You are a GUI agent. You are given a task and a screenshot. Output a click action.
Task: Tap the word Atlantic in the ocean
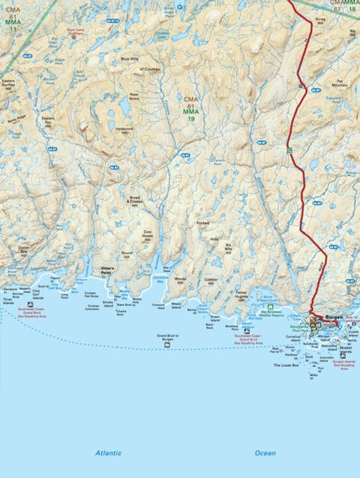coord(108,453)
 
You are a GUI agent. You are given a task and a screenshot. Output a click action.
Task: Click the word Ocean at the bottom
coord(265,453)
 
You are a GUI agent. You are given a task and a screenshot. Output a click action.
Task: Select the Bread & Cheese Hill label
coord(133,201)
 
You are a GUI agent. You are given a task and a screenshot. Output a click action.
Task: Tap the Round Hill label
coord(127,255)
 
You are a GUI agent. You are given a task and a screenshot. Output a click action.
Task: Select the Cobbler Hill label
coord(211,282)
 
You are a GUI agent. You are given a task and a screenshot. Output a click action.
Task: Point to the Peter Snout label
coord(134,97)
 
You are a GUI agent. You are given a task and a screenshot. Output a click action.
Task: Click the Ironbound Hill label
coord(123,130)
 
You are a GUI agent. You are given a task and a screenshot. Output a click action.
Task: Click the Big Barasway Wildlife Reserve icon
coord(270,307)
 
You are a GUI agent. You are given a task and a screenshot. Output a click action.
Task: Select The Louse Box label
coord(285,365)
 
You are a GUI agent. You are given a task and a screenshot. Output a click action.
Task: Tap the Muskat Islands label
coord(345,350)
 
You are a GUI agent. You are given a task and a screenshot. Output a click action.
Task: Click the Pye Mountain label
coord(340,83)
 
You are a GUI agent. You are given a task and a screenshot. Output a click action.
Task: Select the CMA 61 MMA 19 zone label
coord(191,109)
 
